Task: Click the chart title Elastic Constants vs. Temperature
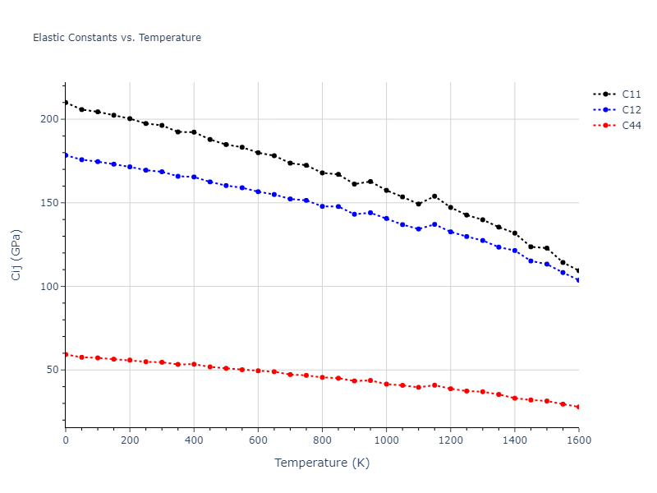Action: tap(117, 38)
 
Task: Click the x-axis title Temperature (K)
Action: tap(322, 463)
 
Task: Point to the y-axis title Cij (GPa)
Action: tap(16, 255)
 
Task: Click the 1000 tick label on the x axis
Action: tap(386, 440)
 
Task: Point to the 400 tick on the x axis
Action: tap(194, 440)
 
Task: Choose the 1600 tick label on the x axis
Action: tap(578, 440)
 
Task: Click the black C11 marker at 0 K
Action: tap(66, 103)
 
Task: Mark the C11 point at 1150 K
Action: tap(434, 196)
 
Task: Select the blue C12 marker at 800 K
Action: tap(322, 206)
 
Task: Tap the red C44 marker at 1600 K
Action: tap(578, 407)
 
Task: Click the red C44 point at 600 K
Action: tap(258, 371)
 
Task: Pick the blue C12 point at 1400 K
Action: tap(515, 251)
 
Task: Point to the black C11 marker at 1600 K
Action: tap(578, 271)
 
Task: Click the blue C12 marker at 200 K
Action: tap(130, 167)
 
